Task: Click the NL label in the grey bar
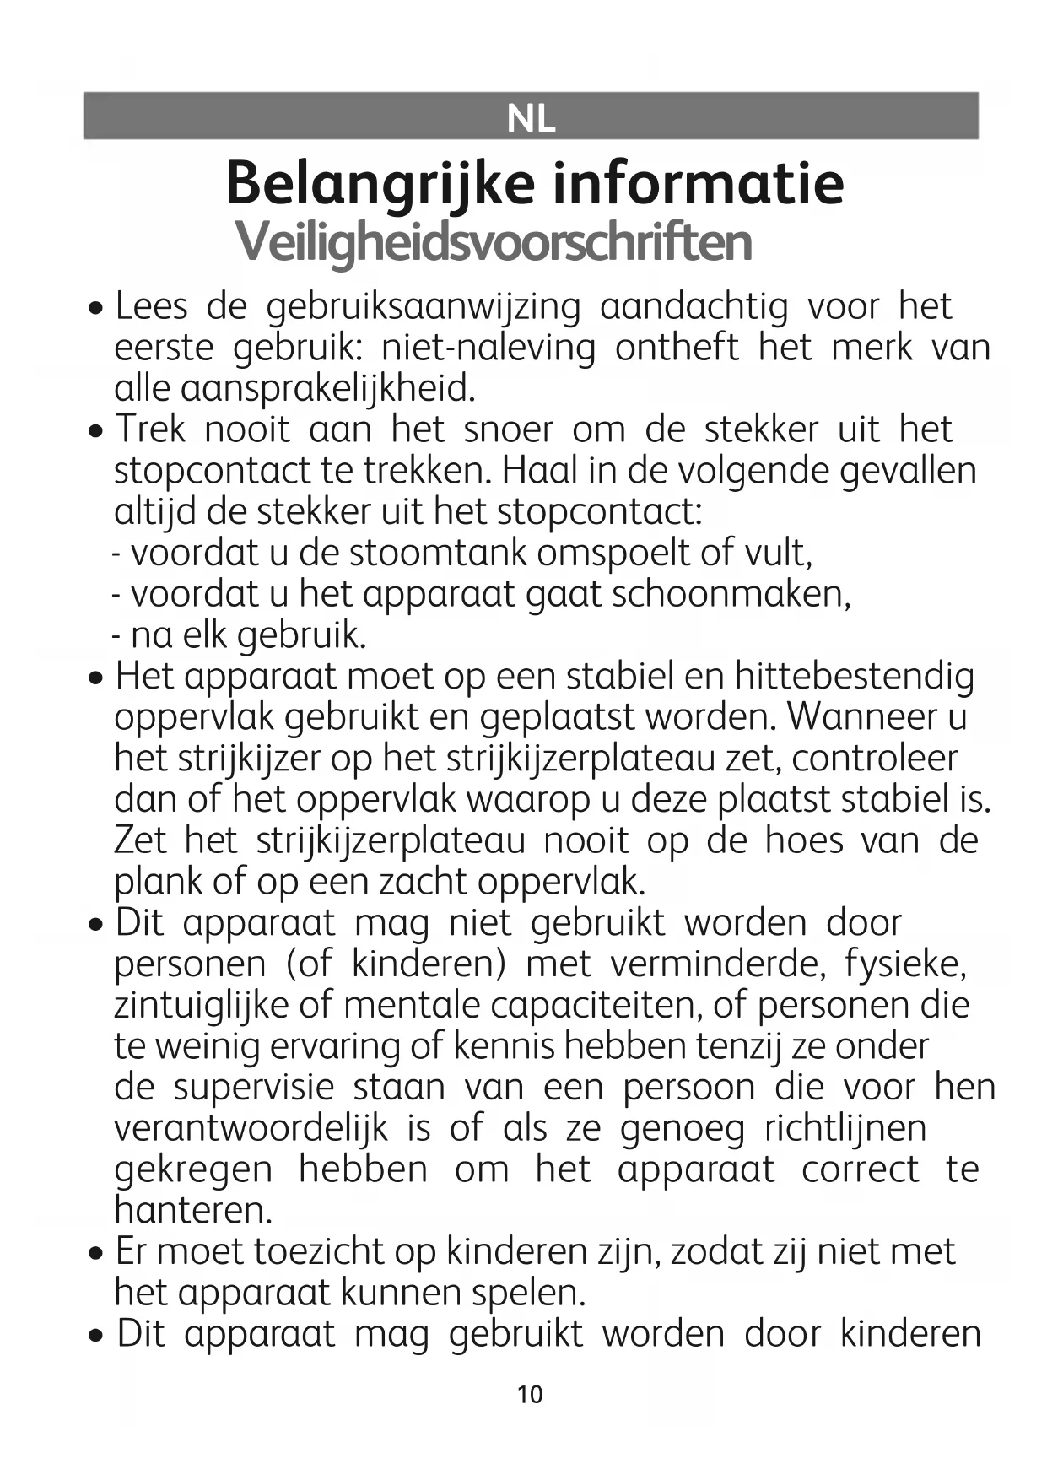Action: [531, 119]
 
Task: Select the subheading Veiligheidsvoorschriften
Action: [494, 242]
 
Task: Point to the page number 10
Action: [530, 1394]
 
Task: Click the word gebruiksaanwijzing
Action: [424, 307]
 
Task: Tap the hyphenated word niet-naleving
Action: [488, 348]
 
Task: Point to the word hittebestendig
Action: [854, 677]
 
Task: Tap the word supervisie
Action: [254, 1088]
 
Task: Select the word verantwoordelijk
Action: [251, 1129]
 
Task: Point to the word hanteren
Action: [193, 1211]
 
